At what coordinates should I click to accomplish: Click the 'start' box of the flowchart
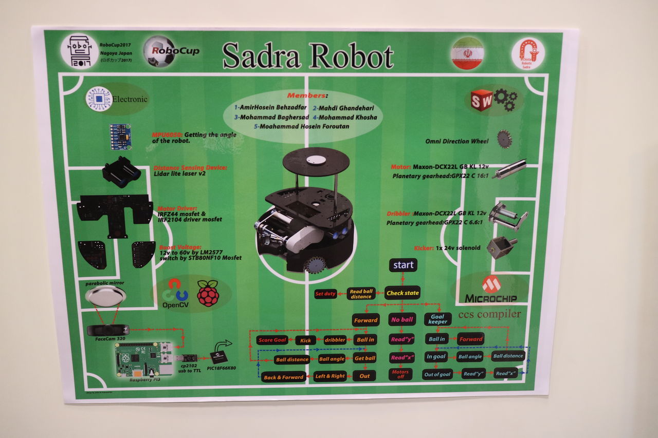tap(403, 265)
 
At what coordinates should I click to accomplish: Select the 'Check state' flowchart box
tap(403, 293)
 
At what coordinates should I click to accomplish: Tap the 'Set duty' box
tap(325, 294)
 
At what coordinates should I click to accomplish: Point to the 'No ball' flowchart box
tap(402, 319)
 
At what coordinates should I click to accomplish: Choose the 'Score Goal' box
tap(272, 340)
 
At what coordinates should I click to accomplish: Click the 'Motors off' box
tap(400, 374)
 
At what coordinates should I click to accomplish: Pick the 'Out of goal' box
tap(437, 374)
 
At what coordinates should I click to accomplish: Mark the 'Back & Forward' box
tap(283, 377)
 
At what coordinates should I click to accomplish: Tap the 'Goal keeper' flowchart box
tap(437, 319)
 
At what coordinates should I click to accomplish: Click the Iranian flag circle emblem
tap(467, 53)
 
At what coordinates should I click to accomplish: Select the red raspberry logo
tap(208, 293)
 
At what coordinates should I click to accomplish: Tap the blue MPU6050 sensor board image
tap(120, 136)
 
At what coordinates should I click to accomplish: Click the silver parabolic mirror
tap(105, 296)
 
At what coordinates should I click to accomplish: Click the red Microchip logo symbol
tap(491, 284)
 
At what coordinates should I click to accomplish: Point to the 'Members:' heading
tap(307, 96)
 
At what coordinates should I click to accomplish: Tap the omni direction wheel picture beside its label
tap(504, 139)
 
